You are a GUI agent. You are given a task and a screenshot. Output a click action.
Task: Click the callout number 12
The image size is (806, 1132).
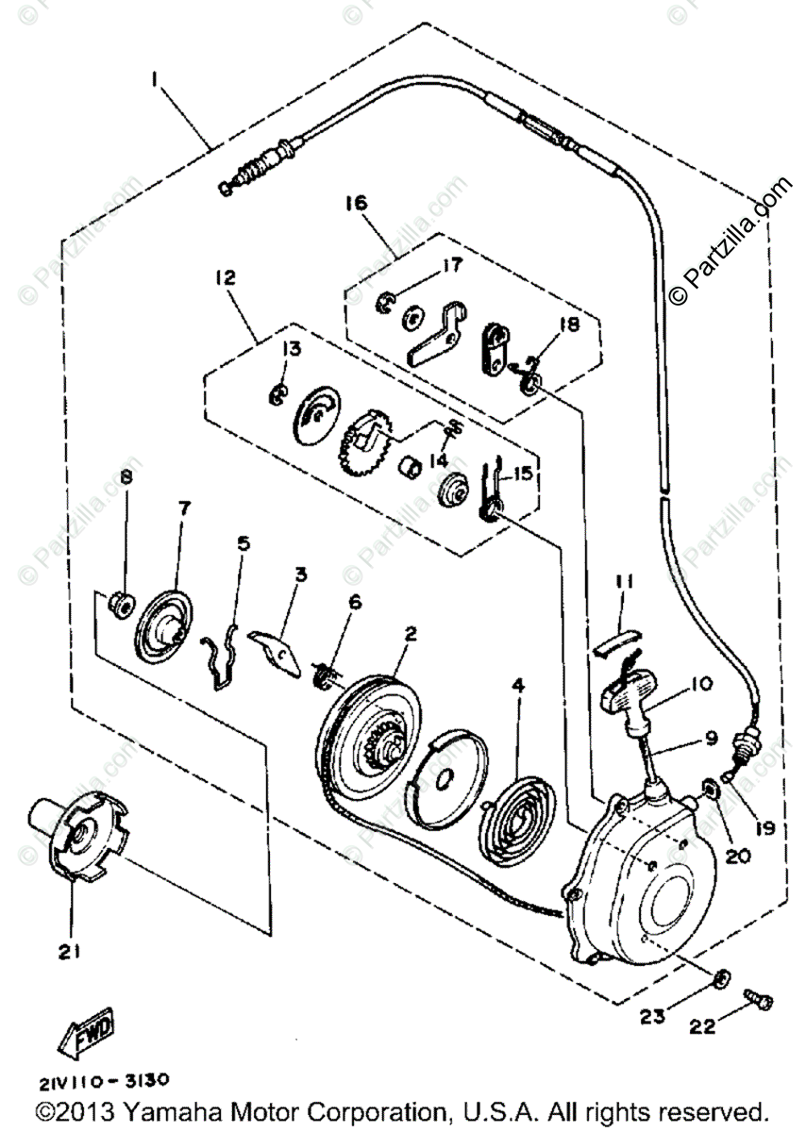coord(224,278)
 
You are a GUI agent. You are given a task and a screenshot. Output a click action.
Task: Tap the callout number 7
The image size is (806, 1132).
coord(183,508)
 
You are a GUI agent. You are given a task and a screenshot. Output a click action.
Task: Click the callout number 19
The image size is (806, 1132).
coord(764,828)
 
